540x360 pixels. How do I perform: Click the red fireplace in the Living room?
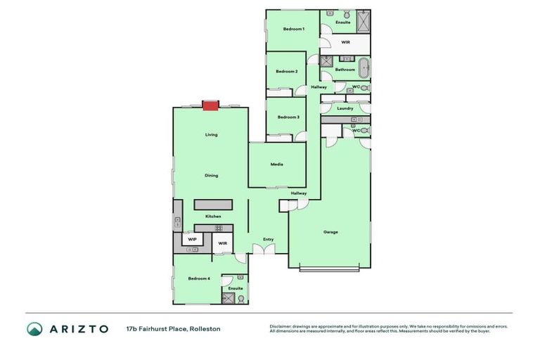coord(210,105)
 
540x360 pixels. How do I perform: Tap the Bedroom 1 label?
coord(293,29)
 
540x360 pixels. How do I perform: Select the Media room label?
coord(276,164)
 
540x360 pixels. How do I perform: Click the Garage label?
coord(330,231)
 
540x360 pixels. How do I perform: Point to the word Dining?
coord(211,175)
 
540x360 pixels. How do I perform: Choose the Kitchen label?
coord(213,217)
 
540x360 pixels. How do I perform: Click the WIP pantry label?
coord(192,239)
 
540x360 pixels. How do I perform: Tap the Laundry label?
coord(345,108)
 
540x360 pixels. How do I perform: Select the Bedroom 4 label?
coord(198,278)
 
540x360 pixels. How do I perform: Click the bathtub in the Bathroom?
coord(364,69)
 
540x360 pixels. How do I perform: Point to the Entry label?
coord(268,239)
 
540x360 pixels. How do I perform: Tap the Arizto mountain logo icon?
coord(34,328)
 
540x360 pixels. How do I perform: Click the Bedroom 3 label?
coord(288,117)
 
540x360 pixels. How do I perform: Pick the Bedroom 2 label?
coord(286,71)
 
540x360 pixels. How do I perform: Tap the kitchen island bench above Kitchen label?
coord(213,204)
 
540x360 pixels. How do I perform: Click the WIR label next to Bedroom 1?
coord(345,42)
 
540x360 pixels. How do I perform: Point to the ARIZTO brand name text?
coord(78,328)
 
